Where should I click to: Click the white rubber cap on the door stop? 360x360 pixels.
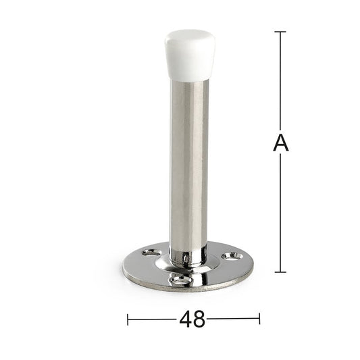tap(190, 55)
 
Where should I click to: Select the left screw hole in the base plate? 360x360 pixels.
tap(151, 253)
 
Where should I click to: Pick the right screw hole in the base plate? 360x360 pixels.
tap(232, 256)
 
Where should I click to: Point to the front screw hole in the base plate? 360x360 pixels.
tap(180, 280)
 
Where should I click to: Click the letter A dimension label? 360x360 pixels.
tap(281, 143)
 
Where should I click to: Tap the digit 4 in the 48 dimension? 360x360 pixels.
tap(186, 319)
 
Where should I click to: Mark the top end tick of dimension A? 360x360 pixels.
tap(280, 32)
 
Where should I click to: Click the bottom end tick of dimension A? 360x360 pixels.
tap(280, 272)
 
